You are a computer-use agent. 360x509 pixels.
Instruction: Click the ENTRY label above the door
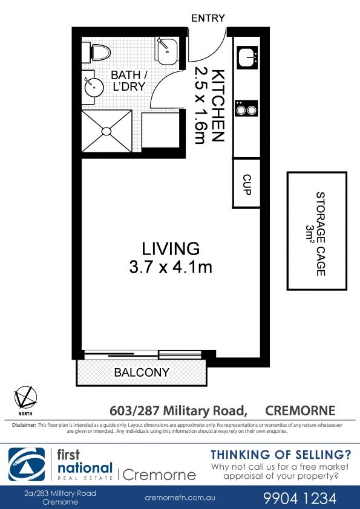(x=208, y=18)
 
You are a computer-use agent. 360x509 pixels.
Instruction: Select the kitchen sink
(x=247, y=57)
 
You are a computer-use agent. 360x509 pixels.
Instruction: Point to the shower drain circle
(x=106, y=131)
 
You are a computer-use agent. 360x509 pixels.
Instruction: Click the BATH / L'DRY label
(x=129, y=80)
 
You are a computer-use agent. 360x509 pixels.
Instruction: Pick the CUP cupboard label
(x=247, y=184)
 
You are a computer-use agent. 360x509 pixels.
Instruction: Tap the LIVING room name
(x=171, y=248)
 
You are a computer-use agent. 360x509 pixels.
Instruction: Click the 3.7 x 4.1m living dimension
(x=171, y=267)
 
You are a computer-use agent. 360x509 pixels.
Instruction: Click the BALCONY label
(x=142, y=372)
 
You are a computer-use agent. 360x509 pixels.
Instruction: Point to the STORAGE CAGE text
(x=321, y=234)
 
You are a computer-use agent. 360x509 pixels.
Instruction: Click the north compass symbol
(x=25, y=398)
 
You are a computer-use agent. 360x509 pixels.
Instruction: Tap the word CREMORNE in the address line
(x=300, y=410)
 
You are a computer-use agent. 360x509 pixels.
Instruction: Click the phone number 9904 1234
(x=300, y=498)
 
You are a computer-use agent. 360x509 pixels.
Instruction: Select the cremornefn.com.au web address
(x=180, y=498)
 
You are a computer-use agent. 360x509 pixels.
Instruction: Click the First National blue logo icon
(x=27, y=464)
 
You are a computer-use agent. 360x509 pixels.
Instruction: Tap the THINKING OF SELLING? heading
(x=281, y=455)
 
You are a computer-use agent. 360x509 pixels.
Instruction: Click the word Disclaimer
(x=24, y=425)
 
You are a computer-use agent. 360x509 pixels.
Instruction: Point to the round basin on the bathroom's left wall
(x=94, y=86)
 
